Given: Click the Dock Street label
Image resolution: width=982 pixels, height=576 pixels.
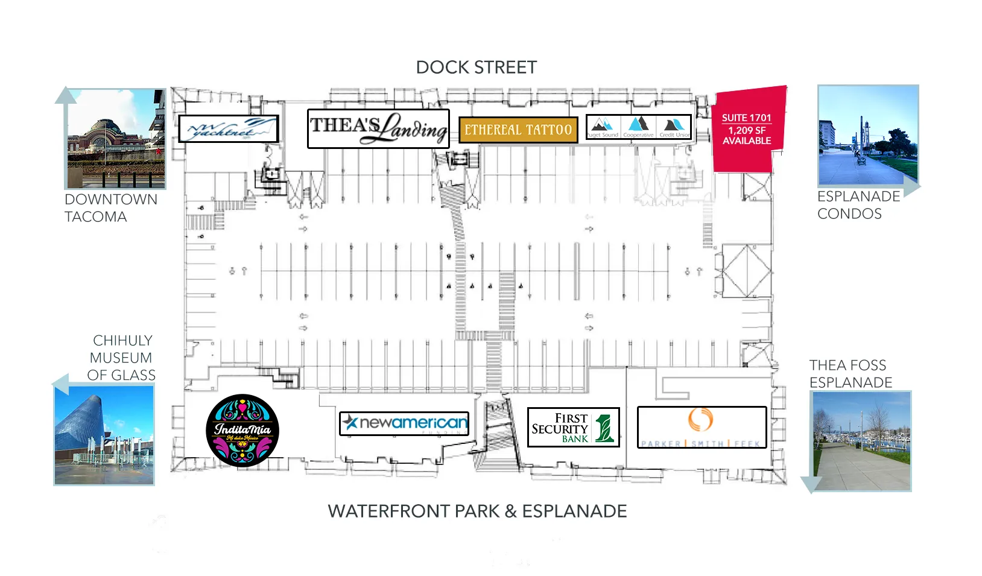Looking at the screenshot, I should pos(476,68).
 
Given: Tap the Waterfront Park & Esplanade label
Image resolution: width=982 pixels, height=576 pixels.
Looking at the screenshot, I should pos(477,511).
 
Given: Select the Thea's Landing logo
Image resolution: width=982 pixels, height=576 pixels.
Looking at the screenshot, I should pos(378,128).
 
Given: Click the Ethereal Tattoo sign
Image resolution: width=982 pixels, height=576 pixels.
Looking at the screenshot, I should pos(518,130).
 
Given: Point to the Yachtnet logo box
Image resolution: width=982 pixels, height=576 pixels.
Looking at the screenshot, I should pos(229,129).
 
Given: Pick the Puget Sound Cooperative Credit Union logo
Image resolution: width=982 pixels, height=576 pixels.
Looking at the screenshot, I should pos(639,127).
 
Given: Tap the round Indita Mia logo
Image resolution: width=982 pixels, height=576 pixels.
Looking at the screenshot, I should pos(242,431).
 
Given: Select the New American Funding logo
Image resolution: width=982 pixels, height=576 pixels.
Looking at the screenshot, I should pos(404,423).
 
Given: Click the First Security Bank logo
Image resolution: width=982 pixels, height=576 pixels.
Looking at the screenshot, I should pos(573,428).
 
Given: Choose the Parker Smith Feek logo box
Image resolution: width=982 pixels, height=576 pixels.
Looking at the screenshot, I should pos(702,427).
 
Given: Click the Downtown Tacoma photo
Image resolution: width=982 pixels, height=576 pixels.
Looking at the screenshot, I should pos(115,139).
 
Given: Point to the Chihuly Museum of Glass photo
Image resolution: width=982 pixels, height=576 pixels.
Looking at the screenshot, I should pos(104,435).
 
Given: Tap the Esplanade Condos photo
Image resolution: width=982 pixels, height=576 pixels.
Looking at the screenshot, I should pos(868,135).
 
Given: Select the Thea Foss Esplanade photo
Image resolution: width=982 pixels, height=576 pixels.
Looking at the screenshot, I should pos(861,441).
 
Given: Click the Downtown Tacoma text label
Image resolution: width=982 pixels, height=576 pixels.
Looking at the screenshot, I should pos(110,208).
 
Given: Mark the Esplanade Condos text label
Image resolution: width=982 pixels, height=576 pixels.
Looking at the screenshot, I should pos(858,205).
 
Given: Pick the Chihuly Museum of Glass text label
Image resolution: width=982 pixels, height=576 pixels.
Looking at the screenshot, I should pos(121,358).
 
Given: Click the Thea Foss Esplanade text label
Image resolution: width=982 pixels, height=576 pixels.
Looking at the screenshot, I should pos(851,374).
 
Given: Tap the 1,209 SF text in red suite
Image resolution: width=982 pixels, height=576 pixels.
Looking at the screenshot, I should pos(747,130).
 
